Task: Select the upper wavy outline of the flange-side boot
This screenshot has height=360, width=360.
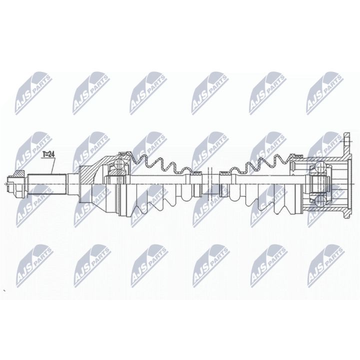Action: coord(260,163)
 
